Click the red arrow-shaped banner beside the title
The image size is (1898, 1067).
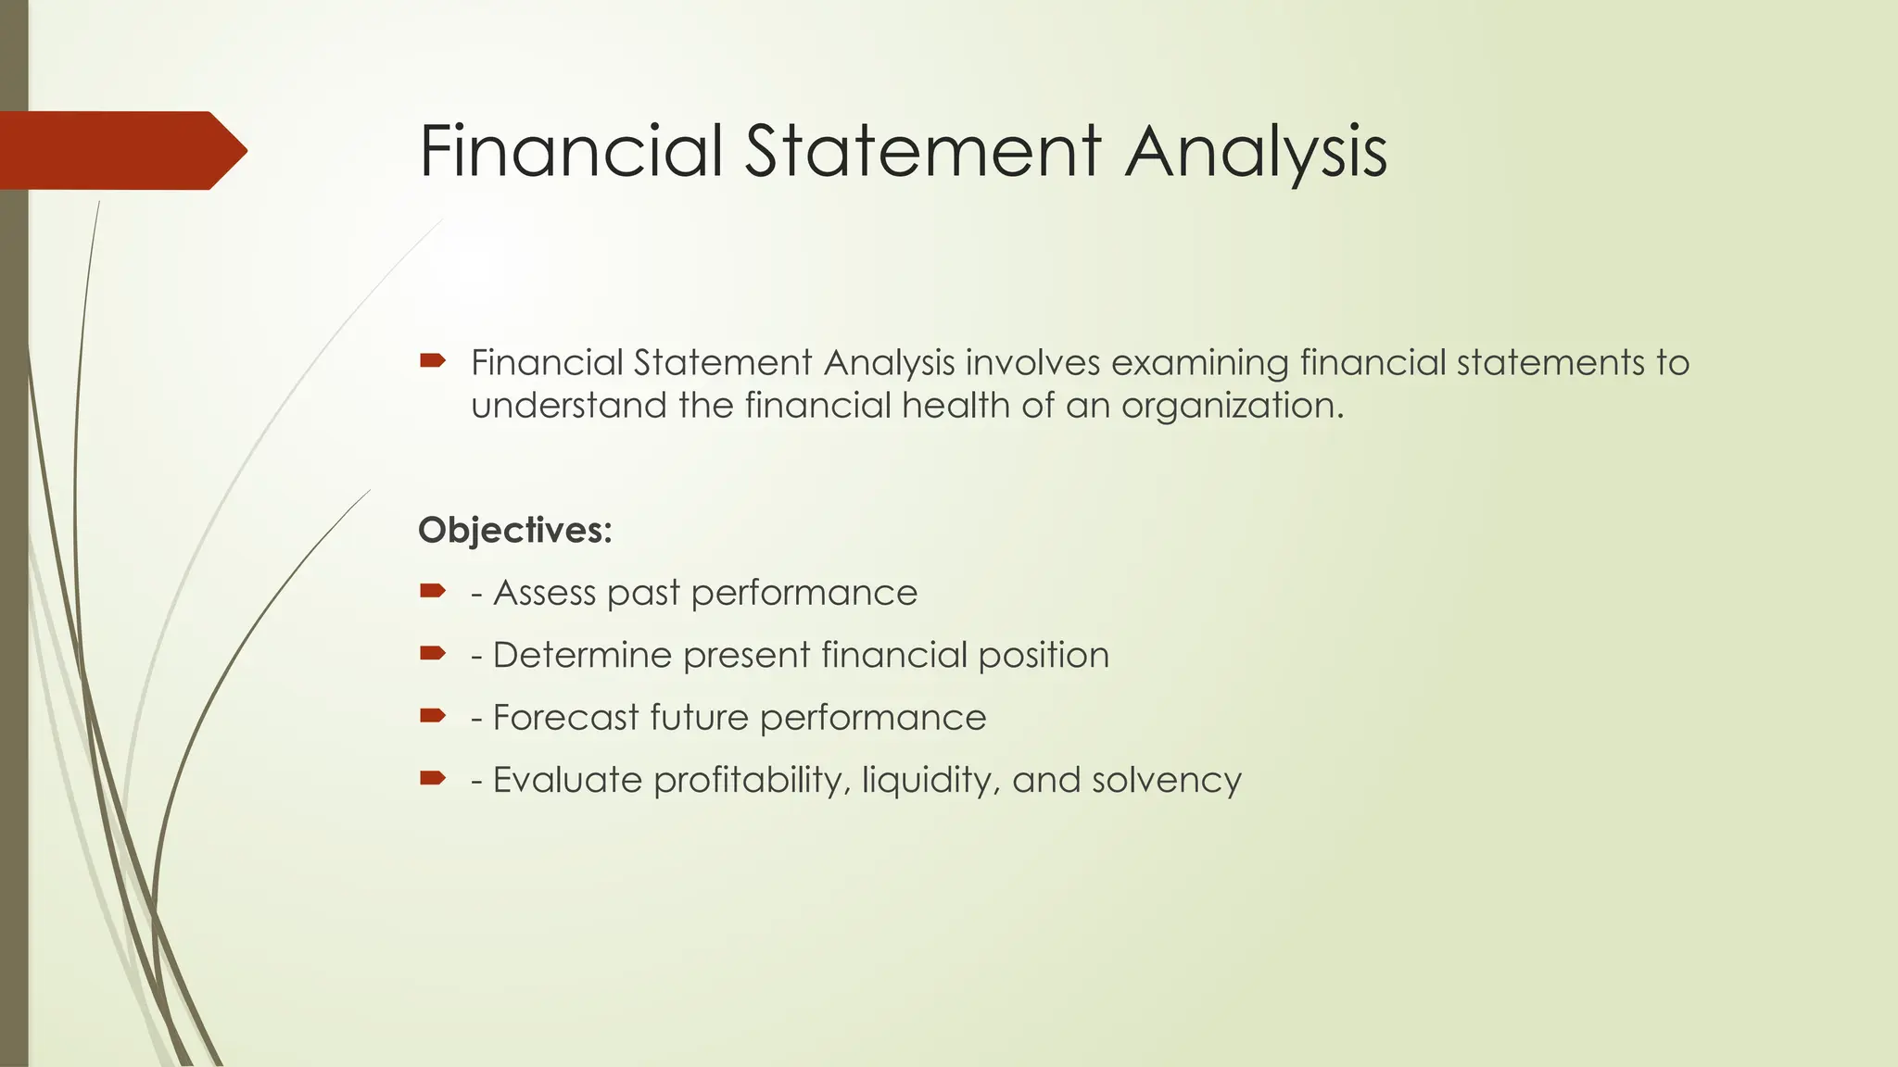pyautogui.click(x=120, y=150)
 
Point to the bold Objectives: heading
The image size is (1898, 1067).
pyautogui.click(x=515, y=531)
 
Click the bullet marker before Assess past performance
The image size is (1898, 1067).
pyautogui.click(x=432, y=591)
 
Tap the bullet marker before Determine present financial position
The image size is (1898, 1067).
pyautogui.click(x=432, y=654)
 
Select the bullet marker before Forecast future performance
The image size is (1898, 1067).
pyautogui.click(x=432, y=716)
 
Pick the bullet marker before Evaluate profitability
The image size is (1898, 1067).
pyautogui.click(x=432, y=778)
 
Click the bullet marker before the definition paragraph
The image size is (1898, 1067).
pyautogui.click(x=432, y=360)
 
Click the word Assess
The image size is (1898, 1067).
pyautogui.click(x=545, y=593)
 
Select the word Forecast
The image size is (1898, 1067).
pyautogui.click(x=565, y=718)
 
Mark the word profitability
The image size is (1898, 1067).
pyautogui.click(x=751, y=781)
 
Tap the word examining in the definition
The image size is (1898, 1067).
pyautogui.click(x=1199, y=363)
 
